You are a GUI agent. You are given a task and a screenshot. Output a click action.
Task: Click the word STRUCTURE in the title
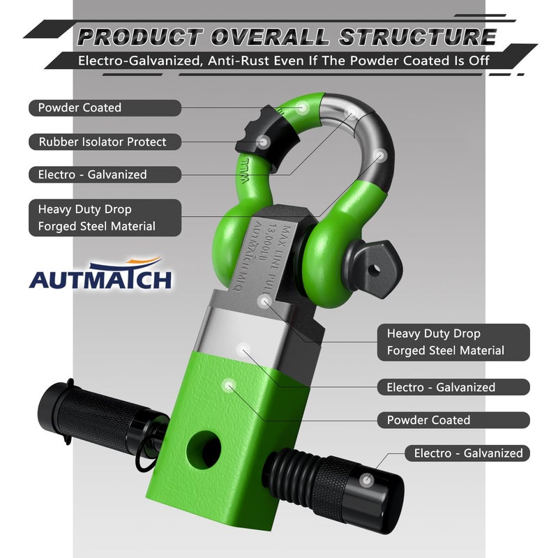(x=418, y=37)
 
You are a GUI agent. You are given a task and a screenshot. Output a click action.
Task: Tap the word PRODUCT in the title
(x=140, y=37)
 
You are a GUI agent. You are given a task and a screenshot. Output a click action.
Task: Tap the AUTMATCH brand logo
(x=100, y=273)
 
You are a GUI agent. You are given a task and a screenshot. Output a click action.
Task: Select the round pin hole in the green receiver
(x=204, y=449)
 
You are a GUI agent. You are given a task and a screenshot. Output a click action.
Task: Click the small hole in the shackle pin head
(x=373, y=271)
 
